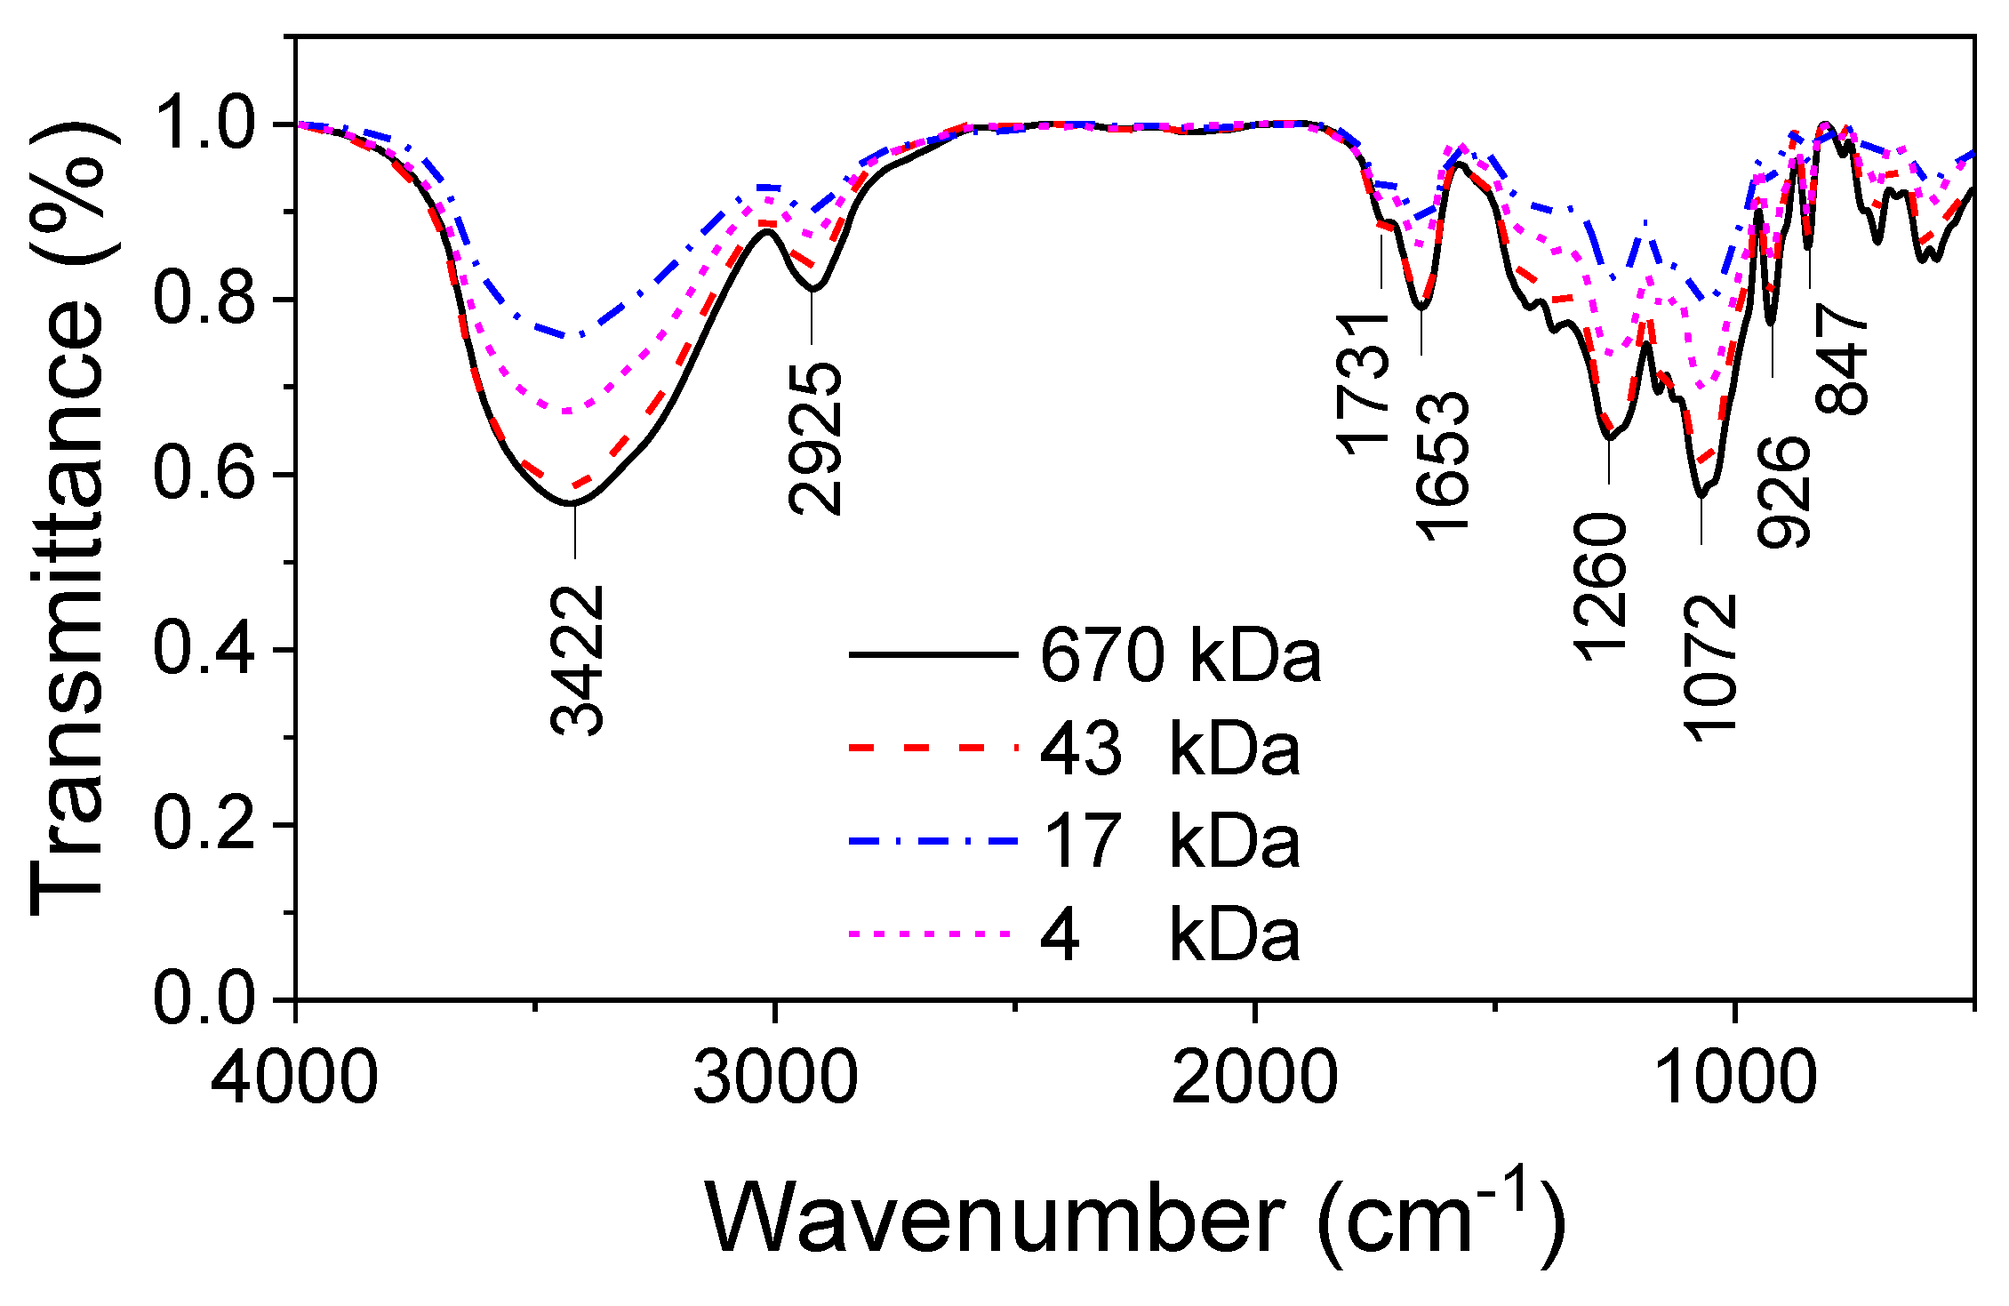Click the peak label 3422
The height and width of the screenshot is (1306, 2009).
(x=578, y=661)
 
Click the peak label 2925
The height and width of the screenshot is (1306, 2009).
(x=815, y=438)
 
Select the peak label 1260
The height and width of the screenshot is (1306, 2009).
(x=1601, y=587)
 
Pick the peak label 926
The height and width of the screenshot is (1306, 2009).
(x=1783, y=492)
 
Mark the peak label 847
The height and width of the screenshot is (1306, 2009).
(x=1841, y=359)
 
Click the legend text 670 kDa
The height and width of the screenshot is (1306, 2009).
(x=1181, y=656)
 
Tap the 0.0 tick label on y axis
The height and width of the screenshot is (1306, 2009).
(x=204, y=999)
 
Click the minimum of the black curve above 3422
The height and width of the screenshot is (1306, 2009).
(x=573, y=504)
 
